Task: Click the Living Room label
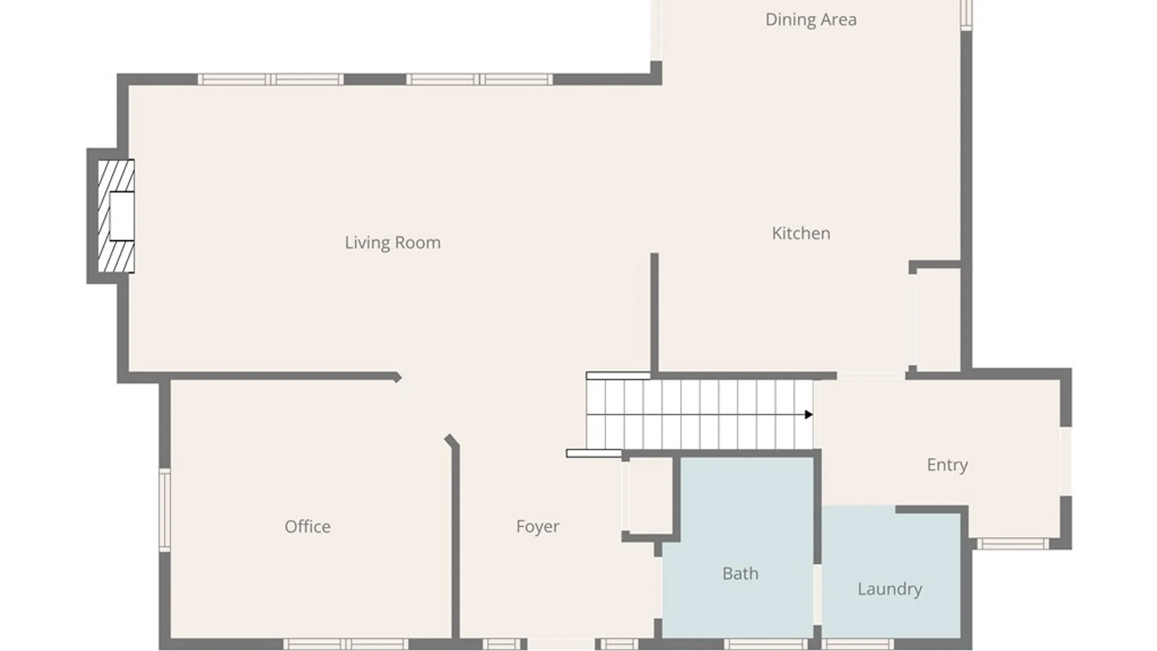tap(392, 242)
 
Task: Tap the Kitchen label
tap(801, 233)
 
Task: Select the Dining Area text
tap(811, 20)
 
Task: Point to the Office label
tap(307, 526)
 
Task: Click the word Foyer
tap(538, 527)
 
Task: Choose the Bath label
tap(740, 573)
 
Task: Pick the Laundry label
tap(889, 589)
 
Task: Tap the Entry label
tap(947, 465)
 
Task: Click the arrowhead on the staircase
tap(809, 415)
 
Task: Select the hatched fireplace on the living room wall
tap(116, 216)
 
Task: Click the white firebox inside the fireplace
tap(122, 216)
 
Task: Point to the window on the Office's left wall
tap(165, 510)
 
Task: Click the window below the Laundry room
tap(858, 644)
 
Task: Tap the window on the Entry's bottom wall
tap(1012, 544)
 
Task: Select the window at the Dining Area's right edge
tap(966, 14)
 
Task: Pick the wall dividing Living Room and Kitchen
tap(654, 313)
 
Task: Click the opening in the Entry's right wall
tap(1065, 461)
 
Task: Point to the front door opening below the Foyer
tap(561, 644)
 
